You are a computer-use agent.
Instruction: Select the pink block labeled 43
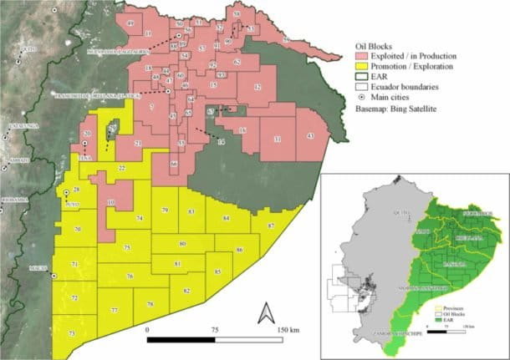(x=309, y=135)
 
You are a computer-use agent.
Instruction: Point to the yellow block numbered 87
(x=270, y=226)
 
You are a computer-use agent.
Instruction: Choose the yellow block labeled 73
(x=71, y=333)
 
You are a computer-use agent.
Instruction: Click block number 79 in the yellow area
(x=166, y=210)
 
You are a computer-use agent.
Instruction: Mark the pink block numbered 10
(x=110, y=203)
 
